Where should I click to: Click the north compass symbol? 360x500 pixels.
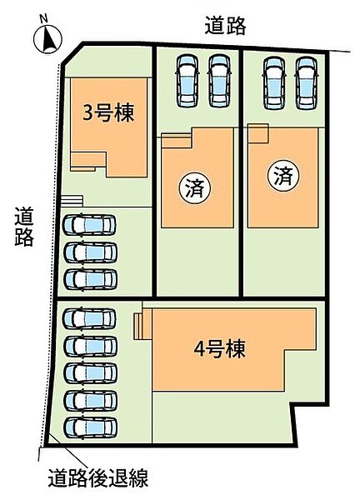[47, 39]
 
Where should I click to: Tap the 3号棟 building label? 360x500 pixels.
[108, 113]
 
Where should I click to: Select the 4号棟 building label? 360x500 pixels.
[219, 349]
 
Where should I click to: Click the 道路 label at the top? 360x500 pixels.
[225, 26]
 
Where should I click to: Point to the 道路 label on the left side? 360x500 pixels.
[23, 227]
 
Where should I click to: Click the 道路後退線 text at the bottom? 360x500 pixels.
[98, 477]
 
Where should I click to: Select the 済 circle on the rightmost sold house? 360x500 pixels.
[283, 176]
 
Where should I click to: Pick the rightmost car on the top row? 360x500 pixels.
[307, 82]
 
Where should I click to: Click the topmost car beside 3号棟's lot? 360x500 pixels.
[89, 224]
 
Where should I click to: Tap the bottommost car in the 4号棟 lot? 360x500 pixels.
[90, 428]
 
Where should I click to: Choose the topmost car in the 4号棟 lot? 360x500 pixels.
[89, 318]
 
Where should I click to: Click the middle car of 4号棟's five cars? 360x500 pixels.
[90, 373]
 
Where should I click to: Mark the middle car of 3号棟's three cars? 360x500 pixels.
[90, 252]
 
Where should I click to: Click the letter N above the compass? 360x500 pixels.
[44, 19]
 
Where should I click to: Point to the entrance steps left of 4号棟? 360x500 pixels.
[138, 326]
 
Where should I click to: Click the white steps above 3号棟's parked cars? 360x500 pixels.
[72, 201]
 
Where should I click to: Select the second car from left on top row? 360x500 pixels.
[219, 81]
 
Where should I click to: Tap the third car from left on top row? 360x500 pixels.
[274, 82]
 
